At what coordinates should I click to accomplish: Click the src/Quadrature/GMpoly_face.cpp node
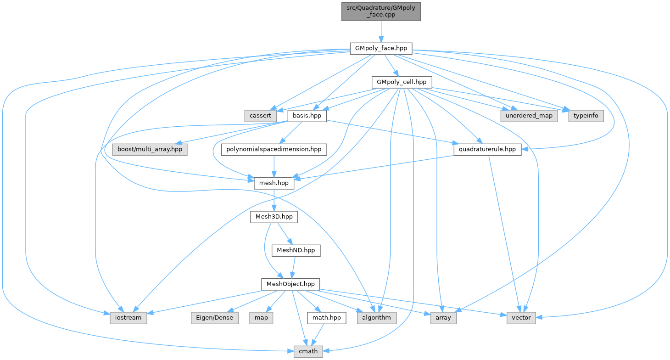point(381,11)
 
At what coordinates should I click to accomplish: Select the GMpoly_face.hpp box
point(381,48)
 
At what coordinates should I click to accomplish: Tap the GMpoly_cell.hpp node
point(402,82)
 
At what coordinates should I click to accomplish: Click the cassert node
point(261,116)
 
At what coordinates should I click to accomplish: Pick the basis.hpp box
point(307,116)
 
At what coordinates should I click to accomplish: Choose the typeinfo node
point(586,116)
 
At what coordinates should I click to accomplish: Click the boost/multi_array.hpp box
point(150,149)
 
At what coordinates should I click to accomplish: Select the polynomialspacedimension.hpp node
point(274,149)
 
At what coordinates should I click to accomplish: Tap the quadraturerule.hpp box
point(487,149)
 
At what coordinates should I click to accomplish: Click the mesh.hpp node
point(274,183)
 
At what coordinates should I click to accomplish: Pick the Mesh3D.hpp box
point(274,217)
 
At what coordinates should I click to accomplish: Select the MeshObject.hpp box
point(290,284)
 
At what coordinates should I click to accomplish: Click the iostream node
point(128,318)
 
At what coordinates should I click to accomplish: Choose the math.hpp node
point(327,318)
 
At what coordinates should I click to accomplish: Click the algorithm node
point(376,318)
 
